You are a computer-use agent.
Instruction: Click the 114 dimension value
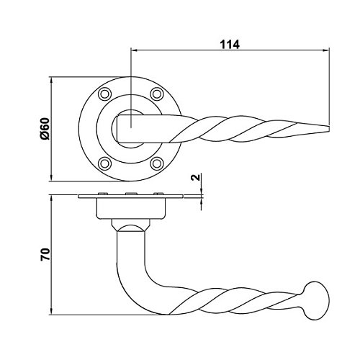click(x=230, y=45)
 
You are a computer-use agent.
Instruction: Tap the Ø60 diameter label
click(x=45, y=129)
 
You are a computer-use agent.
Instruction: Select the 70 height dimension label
click(x=45, y=255)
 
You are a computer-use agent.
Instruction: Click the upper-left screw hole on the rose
click(x=105, y=94)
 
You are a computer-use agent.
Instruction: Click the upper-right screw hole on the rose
click(x=157, y=94)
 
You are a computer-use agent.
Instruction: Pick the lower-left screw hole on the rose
click(x=105, y=163)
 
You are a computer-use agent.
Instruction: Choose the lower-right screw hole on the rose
click(x=157, y=163)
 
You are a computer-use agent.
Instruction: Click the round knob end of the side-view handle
click(x=317, y=301)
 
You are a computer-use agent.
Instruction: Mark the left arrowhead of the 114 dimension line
click(x=133, y=50)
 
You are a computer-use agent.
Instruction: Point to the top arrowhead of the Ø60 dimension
click(x=51, y=80)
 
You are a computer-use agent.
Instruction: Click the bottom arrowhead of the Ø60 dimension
click(x=51, y=178)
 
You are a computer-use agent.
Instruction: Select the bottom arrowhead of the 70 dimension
click(x=51, y=311)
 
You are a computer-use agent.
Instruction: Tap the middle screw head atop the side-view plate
click(x=131, y=194)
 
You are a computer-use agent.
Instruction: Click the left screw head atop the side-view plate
click(x=103, y=194)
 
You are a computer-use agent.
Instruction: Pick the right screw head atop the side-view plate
click(x=158, y=194)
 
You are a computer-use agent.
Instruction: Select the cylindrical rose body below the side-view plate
click(x=131, y=208)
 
